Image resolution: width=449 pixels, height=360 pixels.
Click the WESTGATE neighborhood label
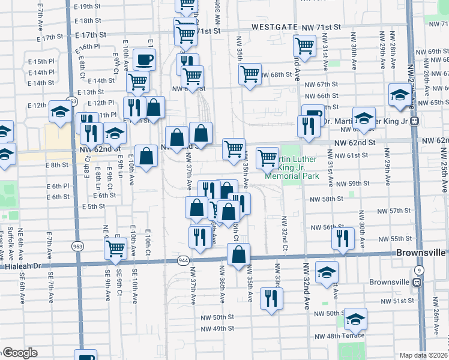click(274, 27)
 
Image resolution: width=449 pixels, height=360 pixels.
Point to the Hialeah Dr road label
click(20, 265)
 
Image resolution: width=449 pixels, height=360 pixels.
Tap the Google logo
click(19, 353)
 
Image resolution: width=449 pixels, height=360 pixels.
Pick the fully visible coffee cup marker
click(143, 59)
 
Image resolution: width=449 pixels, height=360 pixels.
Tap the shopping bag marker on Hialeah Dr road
click(238, 254)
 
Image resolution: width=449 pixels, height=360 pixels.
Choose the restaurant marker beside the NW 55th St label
click(343, 238)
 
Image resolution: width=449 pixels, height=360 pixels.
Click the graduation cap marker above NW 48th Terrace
click(355, 319)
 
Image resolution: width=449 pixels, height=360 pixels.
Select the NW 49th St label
click(217, 329)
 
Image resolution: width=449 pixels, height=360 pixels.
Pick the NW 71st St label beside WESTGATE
click(321, 27)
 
